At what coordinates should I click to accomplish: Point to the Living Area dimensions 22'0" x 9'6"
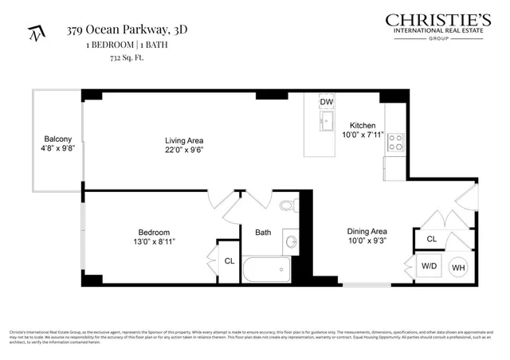tap(182, 148)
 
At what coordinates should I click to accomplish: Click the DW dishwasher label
tap(327, 103)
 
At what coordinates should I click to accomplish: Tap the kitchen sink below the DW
tap(327, 122)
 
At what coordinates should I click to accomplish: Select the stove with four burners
tap(394, 143)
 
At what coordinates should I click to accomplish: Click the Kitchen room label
tap(363, 126)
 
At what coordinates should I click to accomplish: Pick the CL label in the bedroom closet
tap(229, 260)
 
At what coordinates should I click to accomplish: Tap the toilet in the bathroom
tap(288, 206)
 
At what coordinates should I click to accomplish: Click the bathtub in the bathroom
tap(267, 269)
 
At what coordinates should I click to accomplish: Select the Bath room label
tap(263, 233)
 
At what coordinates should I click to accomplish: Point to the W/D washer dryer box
tap(428, 267)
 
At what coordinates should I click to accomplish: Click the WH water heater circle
tap(459, 268)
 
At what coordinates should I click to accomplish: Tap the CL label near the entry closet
tap(431, 239)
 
